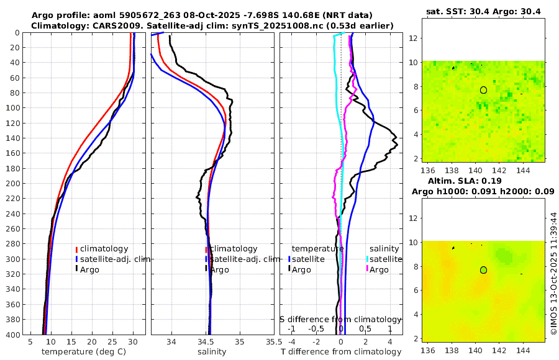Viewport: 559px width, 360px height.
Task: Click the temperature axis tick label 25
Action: (112, 342)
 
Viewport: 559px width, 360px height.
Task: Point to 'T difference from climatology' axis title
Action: (341, 352)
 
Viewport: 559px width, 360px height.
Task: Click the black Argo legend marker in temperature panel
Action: (76, 269)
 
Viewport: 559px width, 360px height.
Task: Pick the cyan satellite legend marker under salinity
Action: (367, 259)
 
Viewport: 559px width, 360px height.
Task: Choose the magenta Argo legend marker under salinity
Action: (367, 269)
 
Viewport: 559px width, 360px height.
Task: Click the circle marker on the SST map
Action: (483, 90)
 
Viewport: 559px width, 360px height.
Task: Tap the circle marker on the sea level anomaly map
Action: (483, 270)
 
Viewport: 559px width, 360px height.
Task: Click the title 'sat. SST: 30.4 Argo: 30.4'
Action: (483, 12)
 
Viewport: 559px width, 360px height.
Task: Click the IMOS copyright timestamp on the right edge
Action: (553, 273)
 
